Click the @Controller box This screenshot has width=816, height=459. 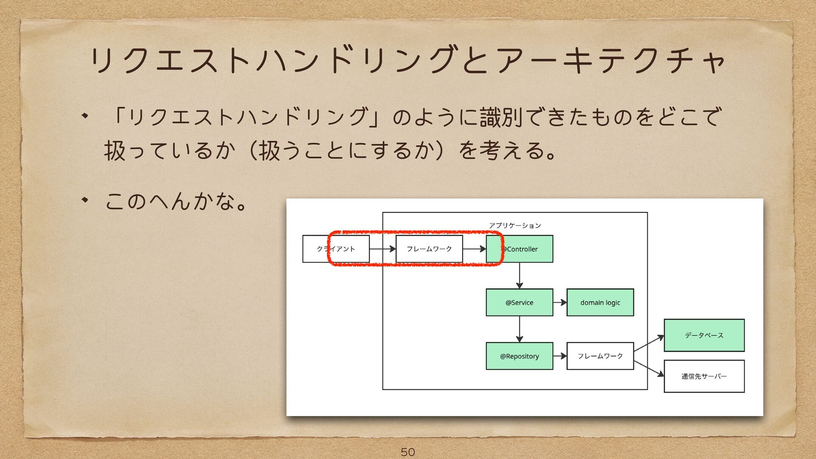(x=519, y=249)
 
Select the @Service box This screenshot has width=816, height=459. (x=519, y=303)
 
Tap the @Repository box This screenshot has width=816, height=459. (x=519, y=356)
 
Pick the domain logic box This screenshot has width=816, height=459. (x=600, y=303)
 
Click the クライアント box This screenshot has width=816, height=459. (x=336, y=249)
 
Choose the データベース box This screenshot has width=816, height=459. (x=704, y=335)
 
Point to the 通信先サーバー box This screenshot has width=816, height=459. (x=704, y=376)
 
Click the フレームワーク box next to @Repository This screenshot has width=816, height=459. (x=600, y=356)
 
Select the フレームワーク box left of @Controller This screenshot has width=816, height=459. (x=429, y=249)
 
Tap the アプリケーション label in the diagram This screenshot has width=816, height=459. (x=515, y=225)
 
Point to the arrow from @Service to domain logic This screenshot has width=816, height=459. (x=560, y=303)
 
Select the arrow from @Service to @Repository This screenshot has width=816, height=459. (x=519, y=329)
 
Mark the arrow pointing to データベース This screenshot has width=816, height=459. (x=649, y=343)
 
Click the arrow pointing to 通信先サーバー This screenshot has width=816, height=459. (x=649, y=368)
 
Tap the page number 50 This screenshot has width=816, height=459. (x=408, y=452)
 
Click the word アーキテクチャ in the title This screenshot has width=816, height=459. (x=610, y=61)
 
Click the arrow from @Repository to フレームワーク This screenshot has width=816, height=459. (x=560, y=356)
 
